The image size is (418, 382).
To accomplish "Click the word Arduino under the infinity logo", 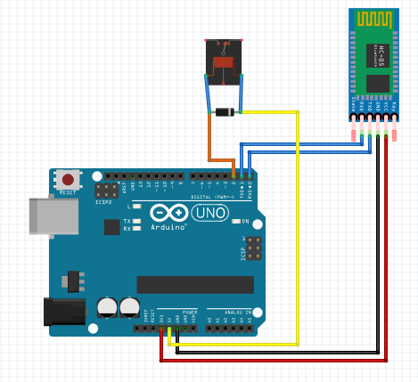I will point(170,227).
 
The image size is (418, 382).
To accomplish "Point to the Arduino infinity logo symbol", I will point(169,214).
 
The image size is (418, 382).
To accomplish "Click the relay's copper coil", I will point(224,63).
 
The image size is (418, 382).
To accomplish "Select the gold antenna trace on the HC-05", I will point(374,19).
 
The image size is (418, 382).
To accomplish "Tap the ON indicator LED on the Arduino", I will point(235,221).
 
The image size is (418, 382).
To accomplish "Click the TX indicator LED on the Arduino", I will point(136,221).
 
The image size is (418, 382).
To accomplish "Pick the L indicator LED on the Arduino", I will point(136,207).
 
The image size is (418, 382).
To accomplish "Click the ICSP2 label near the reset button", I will point(104,202).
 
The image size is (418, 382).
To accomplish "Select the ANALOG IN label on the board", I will point(230,312).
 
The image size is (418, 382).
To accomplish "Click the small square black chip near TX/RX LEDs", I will point(111,227).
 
